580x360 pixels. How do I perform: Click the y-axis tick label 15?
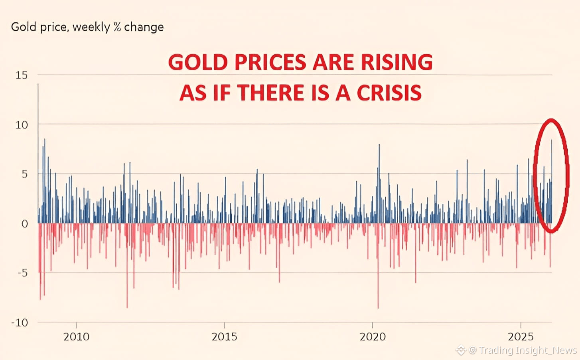click(22, 75)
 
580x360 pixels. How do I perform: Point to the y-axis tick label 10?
click(22, 125)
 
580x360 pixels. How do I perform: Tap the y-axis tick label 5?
click(25, 174)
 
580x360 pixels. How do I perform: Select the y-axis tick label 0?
click(25, 224)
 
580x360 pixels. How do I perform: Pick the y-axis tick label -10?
click(20, 322)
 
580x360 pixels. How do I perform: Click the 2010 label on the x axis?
click(76, 337)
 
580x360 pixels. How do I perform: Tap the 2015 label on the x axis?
click(224, 337)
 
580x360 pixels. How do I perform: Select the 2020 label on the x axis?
click(373, 337)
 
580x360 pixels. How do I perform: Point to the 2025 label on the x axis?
click(521, 337)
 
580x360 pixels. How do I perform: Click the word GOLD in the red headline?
click(197, 63)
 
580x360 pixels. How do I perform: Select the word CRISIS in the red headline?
click(389, 93)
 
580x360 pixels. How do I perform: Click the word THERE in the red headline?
click(271, 93)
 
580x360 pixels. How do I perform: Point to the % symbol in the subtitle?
click(117, 27)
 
